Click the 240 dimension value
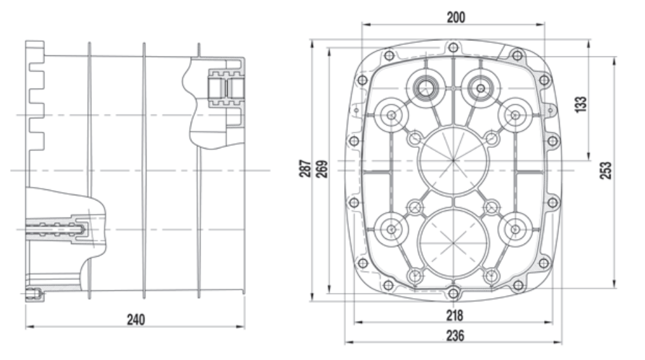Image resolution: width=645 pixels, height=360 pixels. [136, 320]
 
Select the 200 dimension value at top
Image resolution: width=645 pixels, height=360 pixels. [456, 18]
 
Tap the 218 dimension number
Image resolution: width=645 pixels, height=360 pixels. [454, 316]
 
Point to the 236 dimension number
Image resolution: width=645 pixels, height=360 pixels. [455, 336]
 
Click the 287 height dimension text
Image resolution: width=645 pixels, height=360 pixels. [305, 169]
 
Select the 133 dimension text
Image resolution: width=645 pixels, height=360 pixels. [581, 105]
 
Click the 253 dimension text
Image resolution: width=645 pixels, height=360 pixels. [605, 171]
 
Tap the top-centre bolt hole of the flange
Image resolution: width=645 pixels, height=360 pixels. [453, 48]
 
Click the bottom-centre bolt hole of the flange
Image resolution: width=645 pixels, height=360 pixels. [453, 294]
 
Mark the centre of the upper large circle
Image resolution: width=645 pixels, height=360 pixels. [453, 160]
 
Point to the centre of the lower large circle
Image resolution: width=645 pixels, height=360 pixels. [453, 243]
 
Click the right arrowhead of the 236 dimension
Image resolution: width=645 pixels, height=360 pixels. [558, 342]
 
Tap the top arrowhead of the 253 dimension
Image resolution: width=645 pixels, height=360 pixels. [614, 61]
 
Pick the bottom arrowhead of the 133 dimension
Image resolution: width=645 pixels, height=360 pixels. [588, 156]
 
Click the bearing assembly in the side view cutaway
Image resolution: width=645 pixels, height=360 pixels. [226, 89]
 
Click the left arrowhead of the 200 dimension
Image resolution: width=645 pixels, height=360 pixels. [366, 24]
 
